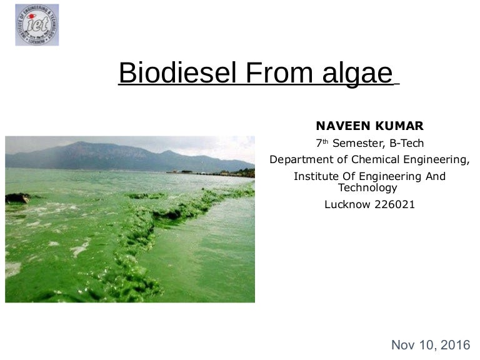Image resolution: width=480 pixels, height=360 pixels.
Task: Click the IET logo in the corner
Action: click(x=37, y=25)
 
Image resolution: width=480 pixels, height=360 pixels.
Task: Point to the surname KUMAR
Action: click(x=399, y=126)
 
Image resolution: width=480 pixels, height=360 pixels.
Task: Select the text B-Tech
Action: click(x=406, y=144)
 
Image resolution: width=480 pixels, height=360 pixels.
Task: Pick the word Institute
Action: click(x=316, y=177)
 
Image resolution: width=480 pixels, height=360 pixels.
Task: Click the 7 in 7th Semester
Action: click(x=319, y=144)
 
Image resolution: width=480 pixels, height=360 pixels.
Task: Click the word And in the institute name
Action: click(x=436, y=177)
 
